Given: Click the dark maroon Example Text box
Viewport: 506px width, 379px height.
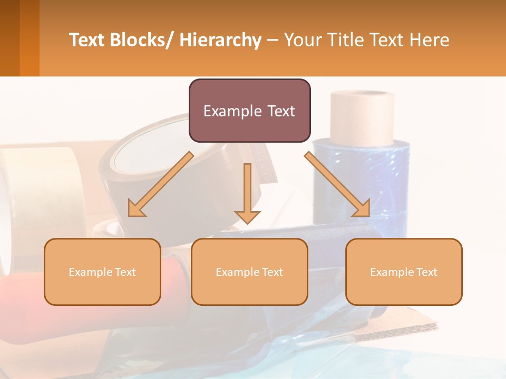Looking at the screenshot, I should (x=249, y=111).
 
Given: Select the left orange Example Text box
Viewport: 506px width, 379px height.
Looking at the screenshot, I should (x=102, y=272).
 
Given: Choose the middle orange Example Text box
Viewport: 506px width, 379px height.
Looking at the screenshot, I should (x=249, y=272).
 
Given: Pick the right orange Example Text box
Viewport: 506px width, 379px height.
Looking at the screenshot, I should (x=404, y=272).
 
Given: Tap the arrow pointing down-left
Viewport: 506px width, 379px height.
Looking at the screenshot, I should (x=160, y=185).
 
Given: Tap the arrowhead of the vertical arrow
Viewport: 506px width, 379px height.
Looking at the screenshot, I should (x=247, y=216).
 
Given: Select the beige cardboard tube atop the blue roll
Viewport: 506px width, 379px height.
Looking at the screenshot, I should (x=362, y=117).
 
